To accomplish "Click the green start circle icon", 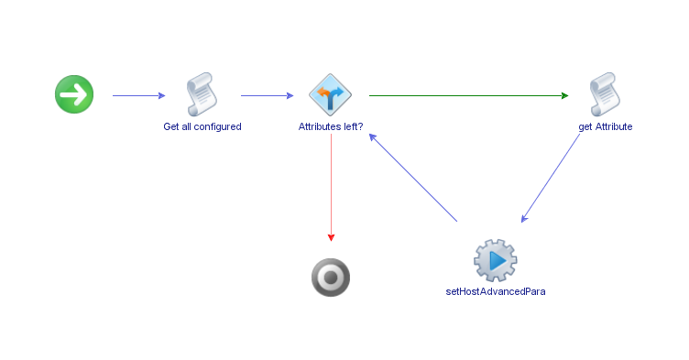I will pos(74,94).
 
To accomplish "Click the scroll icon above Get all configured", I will pos(202,94).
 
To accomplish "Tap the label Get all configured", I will pos(202,126).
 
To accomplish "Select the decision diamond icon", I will pos(330,94).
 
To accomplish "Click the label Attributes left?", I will pos(331,126).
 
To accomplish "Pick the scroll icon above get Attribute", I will pos(605,94).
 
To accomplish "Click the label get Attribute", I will pos(606,126).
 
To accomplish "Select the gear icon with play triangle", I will pos(496,260).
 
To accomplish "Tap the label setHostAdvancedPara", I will pos(496,291).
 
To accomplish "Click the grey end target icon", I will pos(331,278).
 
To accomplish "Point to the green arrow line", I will pos(467,94).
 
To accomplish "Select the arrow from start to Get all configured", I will pos(137,94).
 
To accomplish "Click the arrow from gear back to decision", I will pos(414,178).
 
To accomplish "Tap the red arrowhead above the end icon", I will pos(331,237).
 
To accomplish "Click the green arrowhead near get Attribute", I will pos(564,94).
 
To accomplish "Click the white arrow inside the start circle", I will pos(75,94).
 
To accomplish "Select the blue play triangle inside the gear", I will pos(498,261).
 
